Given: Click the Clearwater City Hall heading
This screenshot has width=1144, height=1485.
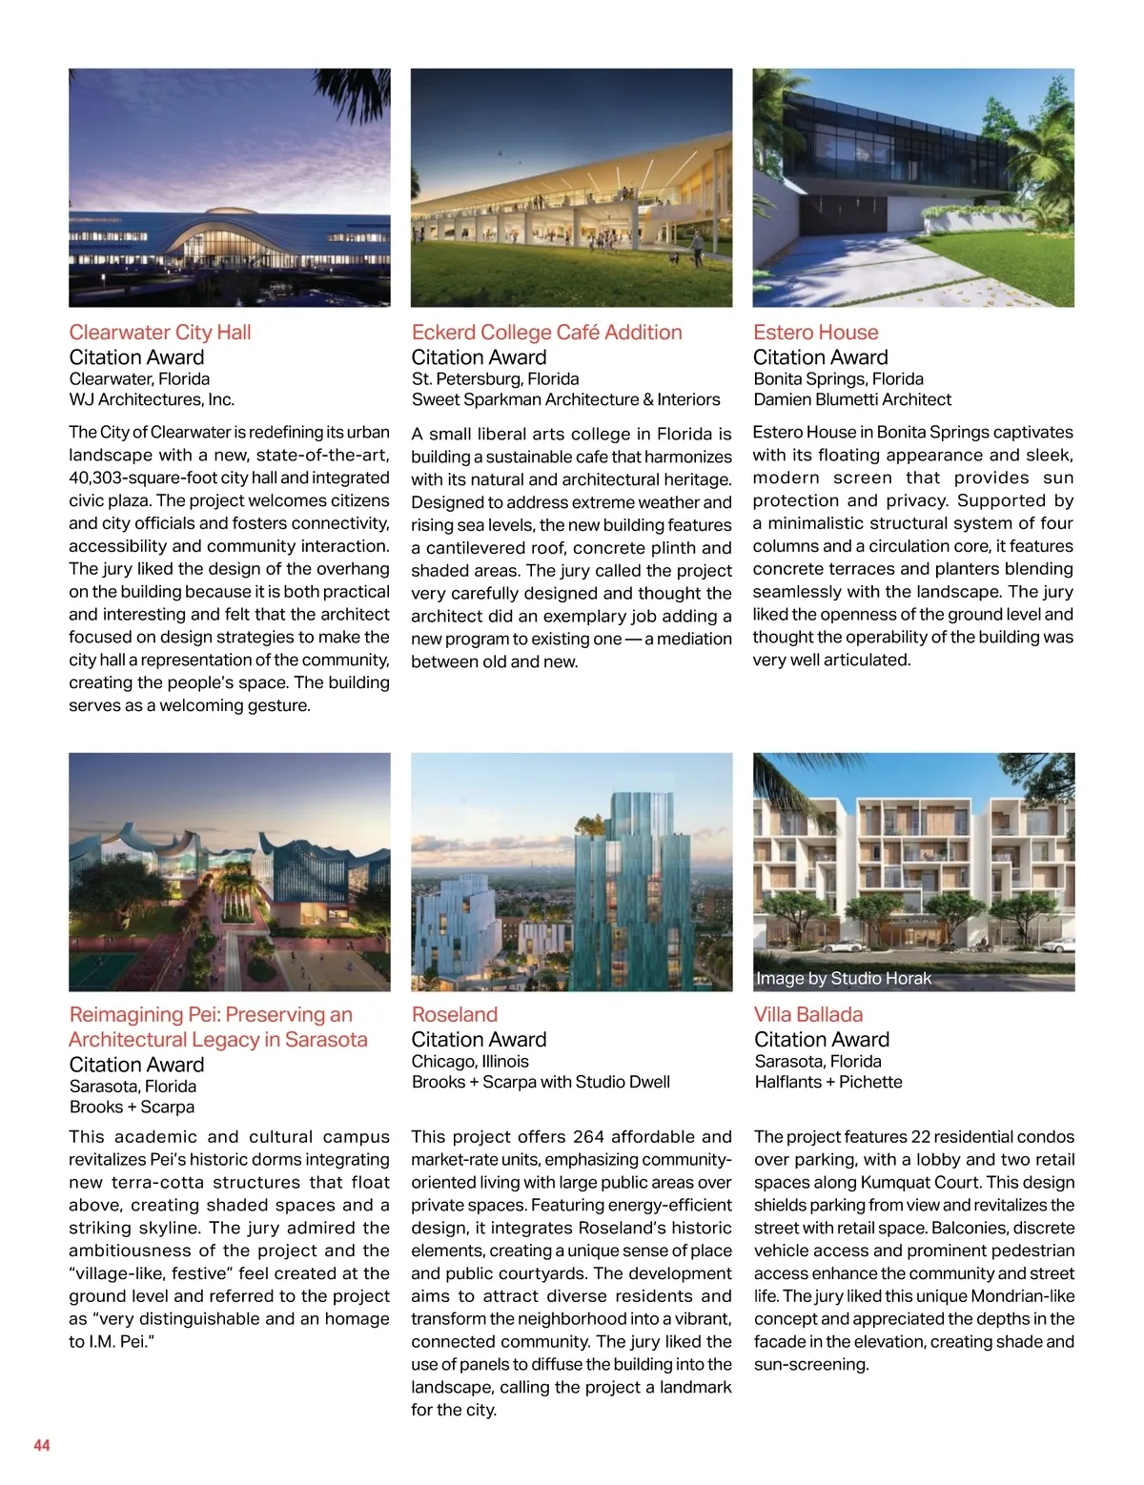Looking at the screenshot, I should tap(160, 333).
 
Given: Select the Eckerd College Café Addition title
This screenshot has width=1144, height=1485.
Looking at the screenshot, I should tap(546, 333).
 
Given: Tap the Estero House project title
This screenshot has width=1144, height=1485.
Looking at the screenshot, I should tap(815, 333).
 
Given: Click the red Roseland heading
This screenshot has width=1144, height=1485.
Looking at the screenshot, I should tap(454, 1015).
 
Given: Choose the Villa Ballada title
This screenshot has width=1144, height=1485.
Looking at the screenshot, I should tap(807, 1015).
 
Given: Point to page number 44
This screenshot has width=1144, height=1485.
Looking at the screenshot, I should tap(42, 1446).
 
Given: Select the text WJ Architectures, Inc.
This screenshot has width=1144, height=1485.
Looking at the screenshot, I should tap(152, 400).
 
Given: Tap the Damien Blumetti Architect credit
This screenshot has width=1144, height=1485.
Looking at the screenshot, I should tap(851, 400).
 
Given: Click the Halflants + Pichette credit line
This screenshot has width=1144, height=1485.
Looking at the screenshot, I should tap(827, 1083).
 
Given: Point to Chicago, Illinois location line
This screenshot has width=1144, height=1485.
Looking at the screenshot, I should tap(469, 1062).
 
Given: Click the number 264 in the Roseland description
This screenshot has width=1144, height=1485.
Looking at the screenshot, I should tap(588, 1137).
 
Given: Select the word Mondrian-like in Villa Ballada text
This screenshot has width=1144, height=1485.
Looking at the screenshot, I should tap(1022, 1296).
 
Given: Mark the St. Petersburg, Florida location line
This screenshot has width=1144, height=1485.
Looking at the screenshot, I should tap(495, 379).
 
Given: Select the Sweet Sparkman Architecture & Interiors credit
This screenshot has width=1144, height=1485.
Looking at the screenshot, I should tap(565, 400).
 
